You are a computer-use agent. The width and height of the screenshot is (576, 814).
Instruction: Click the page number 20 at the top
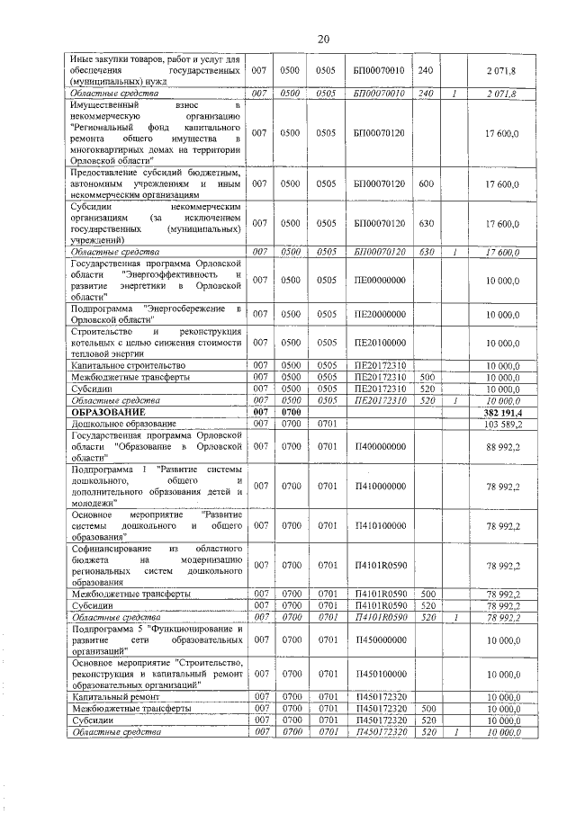tap(324, 38)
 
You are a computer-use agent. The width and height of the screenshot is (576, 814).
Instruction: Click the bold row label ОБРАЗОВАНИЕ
tap(109, 411)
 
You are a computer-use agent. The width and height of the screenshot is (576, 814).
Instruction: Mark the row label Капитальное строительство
tap(127, 366)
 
